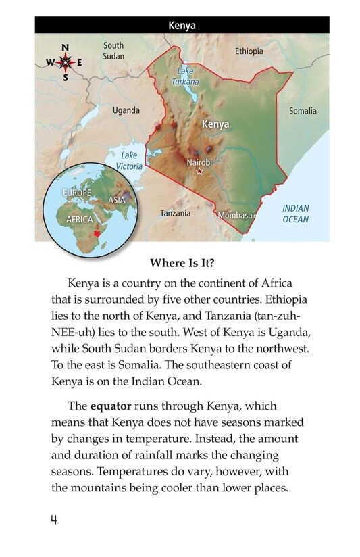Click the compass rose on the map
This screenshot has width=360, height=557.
pos(66,62)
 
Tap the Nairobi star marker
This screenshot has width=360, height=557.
pos(199,172)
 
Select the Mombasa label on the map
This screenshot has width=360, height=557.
pos(234,215)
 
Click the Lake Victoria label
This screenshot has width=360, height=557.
pos(128,161)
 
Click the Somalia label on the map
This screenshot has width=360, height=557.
pos(303,111)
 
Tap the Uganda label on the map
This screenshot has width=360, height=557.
pos(126,110)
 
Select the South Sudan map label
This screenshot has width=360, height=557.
pos(113,51)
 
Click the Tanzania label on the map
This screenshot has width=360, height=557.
pos(175,213)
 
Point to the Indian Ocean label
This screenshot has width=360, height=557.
pos(295,214)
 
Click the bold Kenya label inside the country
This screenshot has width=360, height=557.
pos(215,124)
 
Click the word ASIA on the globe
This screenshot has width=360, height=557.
pos(116,200)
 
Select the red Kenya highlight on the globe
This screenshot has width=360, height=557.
pos(99,232)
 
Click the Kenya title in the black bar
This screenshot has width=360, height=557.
pos(182,26)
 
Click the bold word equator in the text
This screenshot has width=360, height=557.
pos(110,406)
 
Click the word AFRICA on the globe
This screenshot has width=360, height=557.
pos(80,220)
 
